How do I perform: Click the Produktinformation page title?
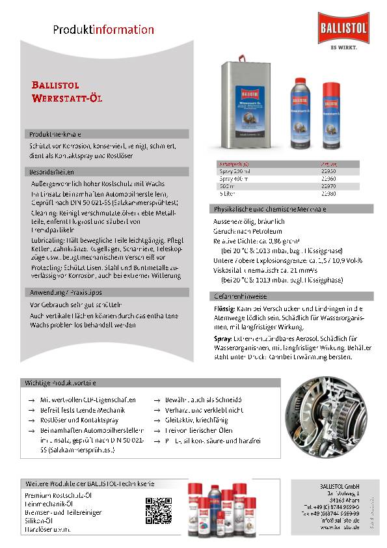[x=103, y=29]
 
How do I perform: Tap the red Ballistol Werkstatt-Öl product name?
[x=67, y=91]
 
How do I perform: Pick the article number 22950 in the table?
[x=328, y=171]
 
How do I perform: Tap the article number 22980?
[x=328, y=193]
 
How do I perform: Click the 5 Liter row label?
[x=227, y=193]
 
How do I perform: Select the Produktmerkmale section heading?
[x=55, y=133]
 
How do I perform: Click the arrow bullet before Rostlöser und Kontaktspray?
[x=31, y=420]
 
